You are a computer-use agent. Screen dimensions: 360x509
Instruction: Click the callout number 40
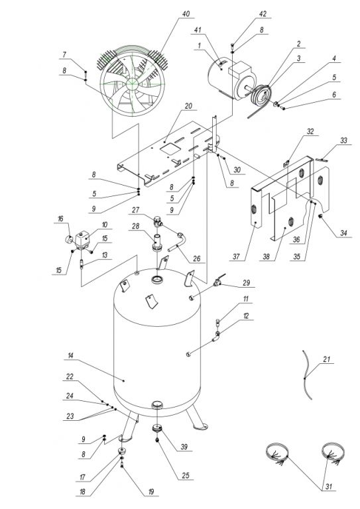(186, 14)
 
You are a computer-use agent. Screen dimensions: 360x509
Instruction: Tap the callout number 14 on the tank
(70, 356)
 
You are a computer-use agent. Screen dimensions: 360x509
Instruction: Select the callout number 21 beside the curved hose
(327, 359)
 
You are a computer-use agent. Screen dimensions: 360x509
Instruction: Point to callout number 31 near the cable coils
(329, 486)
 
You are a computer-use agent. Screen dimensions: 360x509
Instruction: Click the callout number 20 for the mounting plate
(188, 106)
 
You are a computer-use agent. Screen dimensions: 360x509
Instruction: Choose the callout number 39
(184, 447)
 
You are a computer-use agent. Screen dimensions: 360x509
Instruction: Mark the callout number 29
(247, 283)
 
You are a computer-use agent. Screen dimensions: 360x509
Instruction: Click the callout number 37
(236, 256)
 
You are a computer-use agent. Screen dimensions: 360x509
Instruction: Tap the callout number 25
(185, 476)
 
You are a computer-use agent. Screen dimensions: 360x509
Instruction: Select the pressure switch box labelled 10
(83, 239)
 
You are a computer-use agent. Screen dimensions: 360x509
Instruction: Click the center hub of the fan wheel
(132, 83)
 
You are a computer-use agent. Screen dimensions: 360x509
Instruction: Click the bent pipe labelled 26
(177, 243)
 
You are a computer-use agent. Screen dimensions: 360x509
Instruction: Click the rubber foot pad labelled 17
(123, 450)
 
